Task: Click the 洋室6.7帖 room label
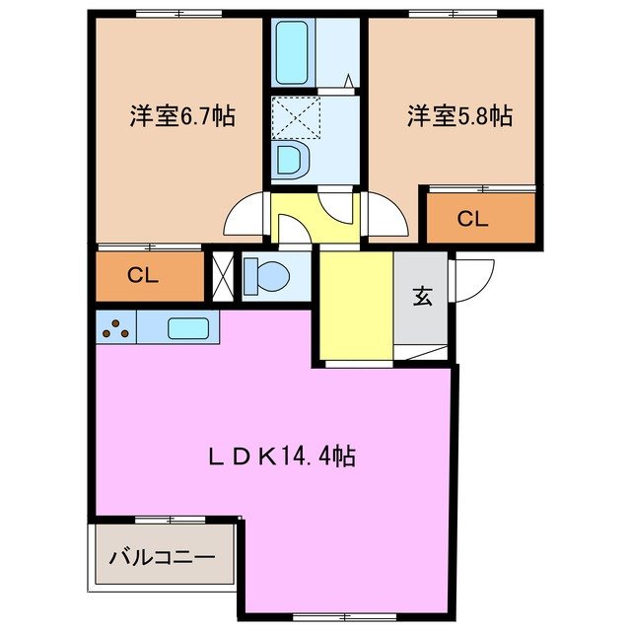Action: click(x=181, y=116)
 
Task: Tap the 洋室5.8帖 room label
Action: click(x=459, y=116)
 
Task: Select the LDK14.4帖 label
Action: click(x=281, y=456)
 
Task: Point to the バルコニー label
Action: click(x=162, y=557)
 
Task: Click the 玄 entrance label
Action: click(x=422, y=297)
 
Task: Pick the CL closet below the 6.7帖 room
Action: click(x=144, y=276)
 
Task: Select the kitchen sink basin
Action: click(x=186, y=328)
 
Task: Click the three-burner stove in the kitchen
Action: click(x=117, y=328)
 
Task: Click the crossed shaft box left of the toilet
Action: click(x=223, y=277)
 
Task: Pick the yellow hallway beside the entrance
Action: click(x=355, y=306)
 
